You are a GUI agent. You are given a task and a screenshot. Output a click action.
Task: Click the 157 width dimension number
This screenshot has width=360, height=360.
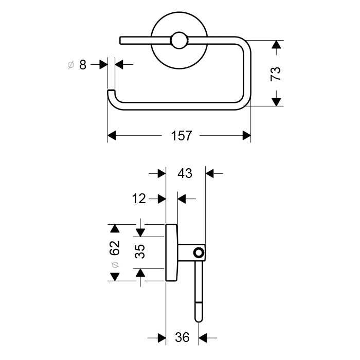tap(182, 136)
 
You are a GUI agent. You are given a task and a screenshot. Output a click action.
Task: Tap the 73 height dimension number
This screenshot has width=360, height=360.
tap(276, 74)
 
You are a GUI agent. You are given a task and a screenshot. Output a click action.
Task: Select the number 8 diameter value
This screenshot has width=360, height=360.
tap(83, 65)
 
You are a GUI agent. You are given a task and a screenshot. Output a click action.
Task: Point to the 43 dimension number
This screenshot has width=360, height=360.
tap(185, 173)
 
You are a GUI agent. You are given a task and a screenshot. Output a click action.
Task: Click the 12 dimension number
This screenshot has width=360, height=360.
tap(139, 199)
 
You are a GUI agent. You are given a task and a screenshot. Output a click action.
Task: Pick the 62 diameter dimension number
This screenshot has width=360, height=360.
tap(115, 248)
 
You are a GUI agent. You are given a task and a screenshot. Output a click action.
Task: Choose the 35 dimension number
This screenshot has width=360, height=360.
tap(139, 251)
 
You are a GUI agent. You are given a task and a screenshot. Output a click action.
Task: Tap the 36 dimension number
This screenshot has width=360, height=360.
tap(182, 337)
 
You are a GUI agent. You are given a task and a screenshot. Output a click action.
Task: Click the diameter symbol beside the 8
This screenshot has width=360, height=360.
tap(71, 65)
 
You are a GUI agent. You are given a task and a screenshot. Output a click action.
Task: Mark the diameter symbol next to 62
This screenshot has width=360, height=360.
tap(115, 265)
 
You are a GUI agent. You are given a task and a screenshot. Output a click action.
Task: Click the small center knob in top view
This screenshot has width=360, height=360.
tap(179, 41)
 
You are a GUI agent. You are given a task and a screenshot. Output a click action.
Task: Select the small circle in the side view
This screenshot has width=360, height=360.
tap(199, 253)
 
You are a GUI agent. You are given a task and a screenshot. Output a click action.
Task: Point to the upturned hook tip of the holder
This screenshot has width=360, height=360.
tap(112, 92)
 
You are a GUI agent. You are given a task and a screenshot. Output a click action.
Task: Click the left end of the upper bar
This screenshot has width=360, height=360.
tap(120, 40)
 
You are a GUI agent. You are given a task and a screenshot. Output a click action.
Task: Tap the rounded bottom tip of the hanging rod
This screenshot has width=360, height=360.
tap(199, 319)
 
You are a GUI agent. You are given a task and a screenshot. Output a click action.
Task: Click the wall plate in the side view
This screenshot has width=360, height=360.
tap(171, 253)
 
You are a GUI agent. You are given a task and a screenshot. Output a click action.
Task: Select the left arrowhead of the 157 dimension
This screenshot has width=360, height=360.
tap(112, 136)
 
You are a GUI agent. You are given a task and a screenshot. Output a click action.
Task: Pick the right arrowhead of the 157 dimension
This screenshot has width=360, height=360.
tap(246, 136)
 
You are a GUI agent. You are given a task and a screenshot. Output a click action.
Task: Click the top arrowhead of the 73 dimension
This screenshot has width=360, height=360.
tap(276, 45)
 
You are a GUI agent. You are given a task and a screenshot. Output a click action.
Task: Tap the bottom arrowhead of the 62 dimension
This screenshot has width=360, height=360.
tap(115, 277)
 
